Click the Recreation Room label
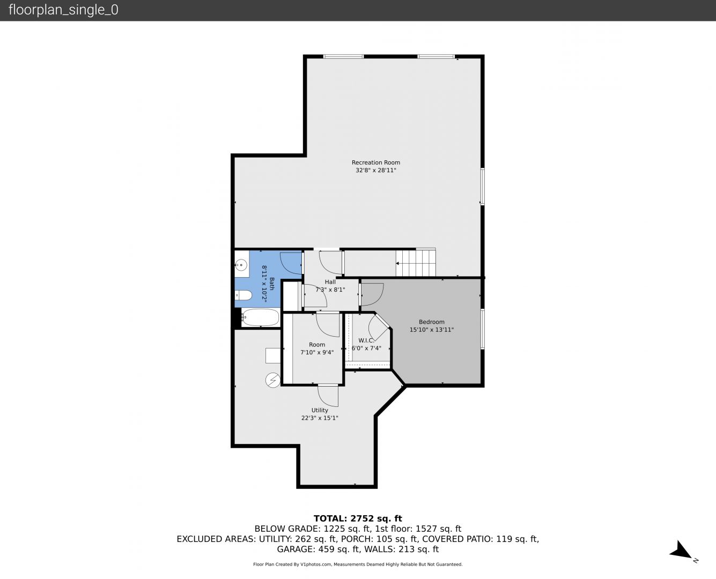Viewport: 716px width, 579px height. (376, 162)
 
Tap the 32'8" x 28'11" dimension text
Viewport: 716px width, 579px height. (376, 170)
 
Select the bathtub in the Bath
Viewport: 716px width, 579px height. (260, 317)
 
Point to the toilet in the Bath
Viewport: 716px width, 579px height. (243, 295)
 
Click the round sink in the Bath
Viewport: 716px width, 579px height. (241, 265)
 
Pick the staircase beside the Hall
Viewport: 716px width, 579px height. (416, 263)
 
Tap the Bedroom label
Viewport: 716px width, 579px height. (432, 322)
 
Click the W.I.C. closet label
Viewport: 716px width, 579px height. (366, 340)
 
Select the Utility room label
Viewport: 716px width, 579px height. (320, 410)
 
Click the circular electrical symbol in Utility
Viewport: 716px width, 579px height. (273, 381)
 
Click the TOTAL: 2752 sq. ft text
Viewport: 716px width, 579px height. (358, 518)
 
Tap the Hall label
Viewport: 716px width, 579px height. (330, 282)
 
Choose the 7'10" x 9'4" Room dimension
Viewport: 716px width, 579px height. (317, 353)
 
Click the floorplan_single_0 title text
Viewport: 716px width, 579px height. (63, 10)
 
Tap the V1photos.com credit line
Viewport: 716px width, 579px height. (358, 565)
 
